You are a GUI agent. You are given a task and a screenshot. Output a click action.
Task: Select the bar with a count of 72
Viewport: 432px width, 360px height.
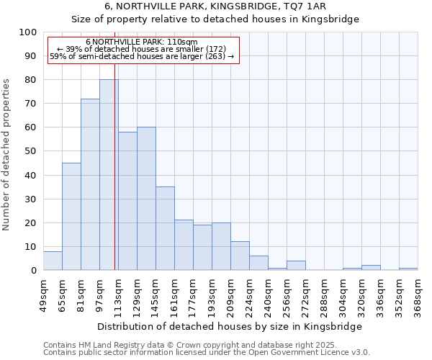pos(90,184)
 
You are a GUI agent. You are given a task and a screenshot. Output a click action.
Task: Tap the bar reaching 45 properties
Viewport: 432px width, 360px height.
pos(71,216)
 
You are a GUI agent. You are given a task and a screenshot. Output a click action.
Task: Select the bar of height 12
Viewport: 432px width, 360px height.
pos(240,256)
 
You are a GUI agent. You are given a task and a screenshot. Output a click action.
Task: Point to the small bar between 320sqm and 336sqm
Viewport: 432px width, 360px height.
pos(371,268)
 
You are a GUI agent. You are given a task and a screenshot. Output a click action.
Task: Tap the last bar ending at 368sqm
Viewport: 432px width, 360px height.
pos(408,269)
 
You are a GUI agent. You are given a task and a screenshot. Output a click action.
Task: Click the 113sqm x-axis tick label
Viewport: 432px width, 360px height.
pos(118,296)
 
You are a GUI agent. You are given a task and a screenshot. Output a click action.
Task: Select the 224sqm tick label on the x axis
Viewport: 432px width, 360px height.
pos(249,296)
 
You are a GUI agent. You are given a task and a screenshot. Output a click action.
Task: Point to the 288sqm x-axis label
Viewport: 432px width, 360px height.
pos(324,296)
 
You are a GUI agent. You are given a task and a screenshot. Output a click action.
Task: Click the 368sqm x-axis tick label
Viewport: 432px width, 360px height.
pos(418,296)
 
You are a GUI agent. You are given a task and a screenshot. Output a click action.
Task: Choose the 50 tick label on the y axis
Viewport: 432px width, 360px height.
pos(32,151)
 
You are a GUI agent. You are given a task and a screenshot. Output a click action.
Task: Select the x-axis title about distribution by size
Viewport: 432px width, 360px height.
pos(228,326)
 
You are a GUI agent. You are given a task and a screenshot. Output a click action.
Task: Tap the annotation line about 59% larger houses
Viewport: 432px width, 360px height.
pos(142,56)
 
